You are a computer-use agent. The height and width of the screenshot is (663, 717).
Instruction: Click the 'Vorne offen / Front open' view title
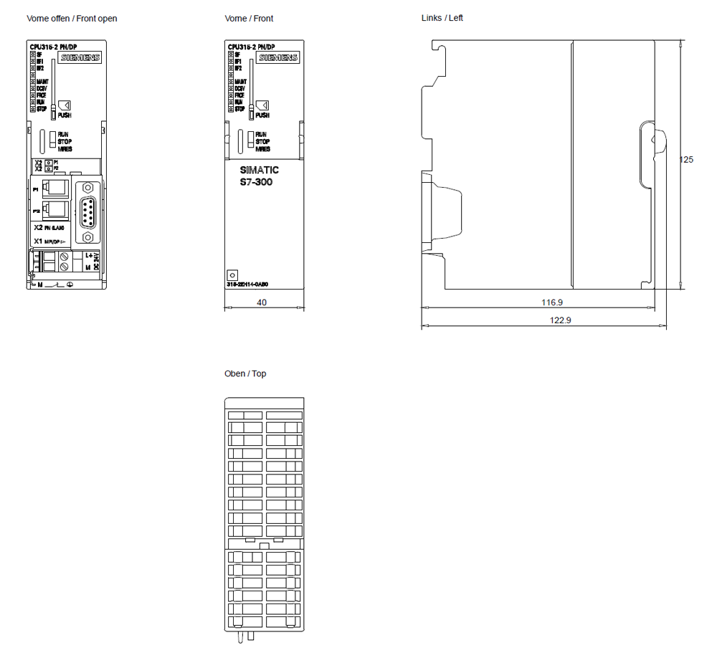click(72, 18)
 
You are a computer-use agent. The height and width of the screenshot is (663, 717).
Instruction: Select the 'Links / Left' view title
click(442, 17)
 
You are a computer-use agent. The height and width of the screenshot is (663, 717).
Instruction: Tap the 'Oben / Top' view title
click(245, 373)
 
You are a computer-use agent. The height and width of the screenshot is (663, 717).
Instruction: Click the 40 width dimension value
click(262, 303)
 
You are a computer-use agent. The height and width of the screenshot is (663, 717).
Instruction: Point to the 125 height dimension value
click(686, 160)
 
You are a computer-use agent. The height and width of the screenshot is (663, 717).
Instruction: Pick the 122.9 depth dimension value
click(560, 320)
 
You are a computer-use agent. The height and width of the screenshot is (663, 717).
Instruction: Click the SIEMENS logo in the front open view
click(80, 58)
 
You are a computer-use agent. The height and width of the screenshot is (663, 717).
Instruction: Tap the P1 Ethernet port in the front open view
click(54, 189)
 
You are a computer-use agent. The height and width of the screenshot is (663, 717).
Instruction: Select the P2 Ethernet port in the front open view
click(54, 210)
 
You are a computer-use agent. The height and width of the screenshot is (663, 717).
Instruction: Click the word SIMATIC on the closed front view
click(259, 170)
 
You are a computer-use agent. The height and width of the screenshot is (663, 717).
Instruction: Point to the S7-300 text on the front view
click(256, 182)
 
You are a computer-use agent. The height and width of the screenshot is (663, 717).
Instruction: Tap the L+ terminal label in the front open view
click(89, 255)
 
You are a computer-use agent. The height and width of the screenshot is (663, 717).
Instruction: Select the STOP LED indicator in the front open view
click(33, 109)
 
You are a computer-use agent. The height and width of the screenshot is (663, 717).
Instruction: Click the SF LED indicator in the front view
click(231, 54)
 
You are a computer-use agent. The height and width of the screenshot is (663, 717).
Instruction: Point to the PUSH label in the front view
click(262, 115)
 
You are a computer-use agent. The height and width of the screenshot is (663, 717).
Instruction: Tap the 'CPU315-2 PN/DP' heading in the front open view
click(53, 47)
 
